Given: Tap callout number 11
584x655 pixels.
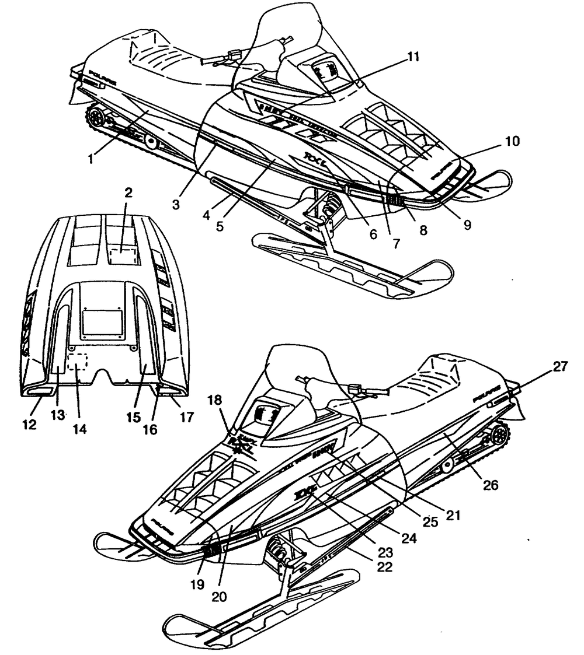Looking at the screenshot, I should [x=413, y=56].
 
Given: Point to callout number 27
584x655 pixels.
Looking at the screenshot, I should [x=560, y=367].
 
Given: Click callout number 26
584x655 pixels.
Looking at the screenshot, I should [x=490, y=485].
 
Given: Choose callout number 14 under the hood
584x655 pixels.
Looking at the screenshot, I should [x=80, y=428].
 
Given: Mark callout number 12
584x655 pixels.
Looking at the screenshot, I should [x=30, y=426].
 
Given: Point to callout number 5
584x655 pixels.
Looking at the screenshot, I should [x=220, y=225].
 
